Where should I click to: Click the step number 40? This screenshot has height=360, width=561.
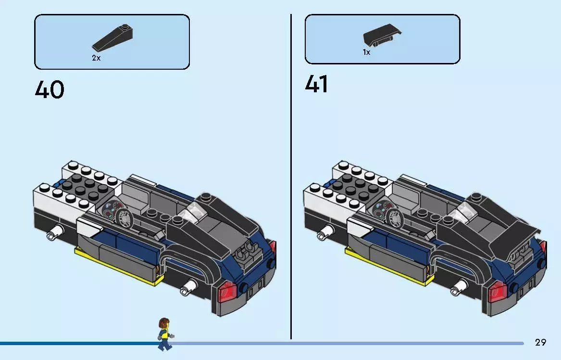click(49, 90)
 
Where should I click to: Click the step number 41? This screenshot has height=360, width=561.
click(317, 84)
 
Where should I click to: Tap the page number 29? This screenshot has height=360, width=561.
click(540, 342)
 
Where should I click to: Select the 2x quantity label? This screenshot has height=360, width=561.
click(96, 58)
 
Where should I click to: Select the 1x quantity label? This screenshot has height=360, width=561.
click(366, 52)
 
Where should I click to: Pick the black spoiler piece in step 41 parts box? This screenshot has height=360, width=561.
click(382, 37)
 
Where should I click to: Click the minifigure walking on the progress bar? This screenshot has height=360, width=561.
click(164, 334)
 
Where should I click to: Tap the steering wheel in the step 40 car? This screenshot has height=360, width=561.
click(124, 219)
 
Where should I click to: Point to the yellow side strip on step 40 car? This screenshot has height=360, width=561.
click(115, 267)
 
